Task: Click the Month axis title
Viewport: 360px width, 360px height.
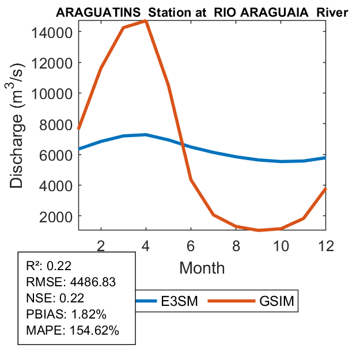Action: (x=202, y=267)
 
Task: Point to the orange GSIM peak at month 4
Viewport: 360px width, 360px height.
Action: (x=146, y=21)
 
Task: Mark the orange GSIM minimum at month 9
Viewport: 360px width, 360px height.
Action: (x=258, y=230)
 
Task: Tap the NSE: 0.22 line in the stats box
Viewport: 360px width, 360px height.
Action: (x=55, y=298)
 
